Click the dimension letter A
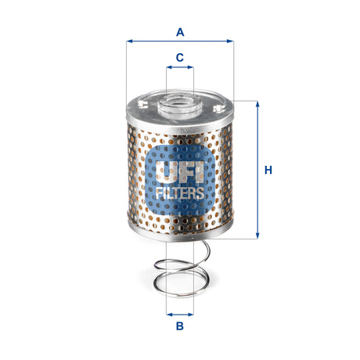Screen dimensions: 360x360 pyautogui.click(x=180, y=32)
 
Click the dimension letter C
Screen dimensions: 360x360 pyautogui.click(x=179, y=57)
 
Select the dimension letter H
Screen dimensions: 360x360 pyautogui.click(x=268, y=170)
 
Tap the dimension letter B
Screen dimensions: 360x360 pyautogui.click(x=179, y=326)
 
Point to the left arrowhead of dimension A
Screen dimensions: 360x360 pyautogui.click(x=129, y=41)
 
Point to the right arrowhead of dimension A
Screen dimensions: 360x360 pyautogui.click(x=231, y=41)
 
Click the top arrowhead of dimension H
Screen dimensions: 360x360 pyautogui.click(x=256, y=104)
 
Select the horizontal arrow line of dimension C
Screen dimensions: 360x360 pyautogui.click(x=179, y=68)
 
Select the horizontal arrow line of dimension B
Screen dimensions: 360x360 pyautogui.click(x=179, y=312)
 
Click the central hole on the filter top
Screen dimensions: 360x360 pyautogui.click(x=179, y=101)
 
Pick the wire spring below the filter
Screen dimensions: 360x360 pyautogui.click(x=180, y=270)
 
